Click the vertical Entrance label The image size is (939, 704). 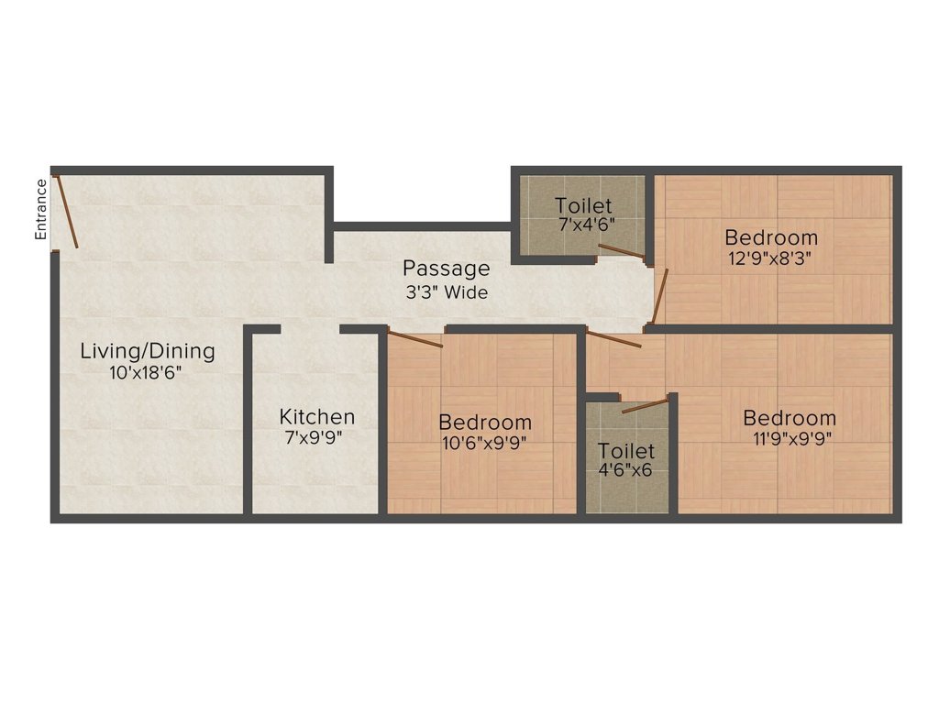pyautogui.click(x=40, y=210)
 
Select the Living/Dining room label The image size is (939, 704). pyautogui.click(x=148, y=350)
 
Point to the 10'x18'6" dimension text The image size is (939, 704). pyautogui.click(x=148, y=372)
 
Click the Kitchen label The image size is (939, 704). pyautogui.click(x=317, y=417)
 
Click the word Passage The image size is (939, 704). pyautogui.click(x=447, y=269)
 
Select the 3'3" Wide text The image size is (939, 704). pyautogui.click(x=447, y=292)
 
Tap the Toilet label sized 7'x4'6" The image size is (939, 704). pyautogui.click(x=584, y=205)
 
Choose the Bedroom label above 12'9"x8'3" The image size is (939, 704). pyautogui.click(x=770, y=237)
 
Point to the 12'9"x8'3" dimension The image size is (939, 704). pyautogui.click(x=770, y=258)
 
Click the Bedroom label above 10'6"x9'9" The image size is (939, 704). pyautogui.click(x=485, y=423)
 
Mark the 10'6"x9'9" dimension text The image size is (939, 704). pyautogui.click(x=485, y=443)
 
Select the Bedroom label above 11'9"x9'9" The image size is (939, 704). pyautogui.click(x=790, y=418)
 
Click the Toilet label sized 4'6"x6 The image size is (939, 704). pyautogui.click(x=627, y=451)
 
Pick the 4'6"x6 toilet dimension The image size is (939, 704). pyautogui.click(x=627, y=472)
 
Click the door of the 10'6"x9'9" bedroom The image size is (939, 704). pyautogui.click(x=415, y=339)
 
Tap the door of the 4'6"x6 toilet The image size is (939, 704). pyautogui.click(x=645, y=406)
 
